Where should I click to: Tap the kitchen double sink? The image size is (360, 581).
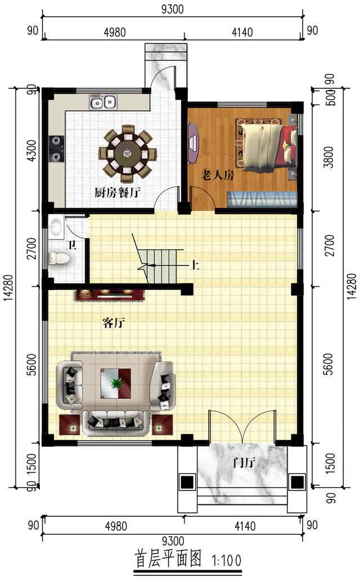click(103, 102)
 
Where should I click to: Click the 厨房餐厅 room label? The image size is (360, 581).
click(117, 192)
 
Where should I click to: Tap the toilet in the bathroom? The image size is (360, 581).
click(58, 259)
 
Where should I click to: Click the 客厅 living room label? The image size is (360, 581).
click(113, 323)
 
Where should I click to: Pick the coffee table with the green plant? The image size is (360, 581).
click(116, 384)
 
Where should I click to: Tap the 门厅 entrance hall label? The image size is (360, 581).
click(244, 463)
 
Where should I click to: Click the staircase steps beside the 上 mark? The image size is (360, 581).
click(161, 265)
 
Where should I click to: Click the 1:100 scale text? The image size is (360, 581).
click(227, 560)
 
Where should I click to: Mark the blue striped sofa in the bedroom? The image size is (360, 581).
click(262, 199)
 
